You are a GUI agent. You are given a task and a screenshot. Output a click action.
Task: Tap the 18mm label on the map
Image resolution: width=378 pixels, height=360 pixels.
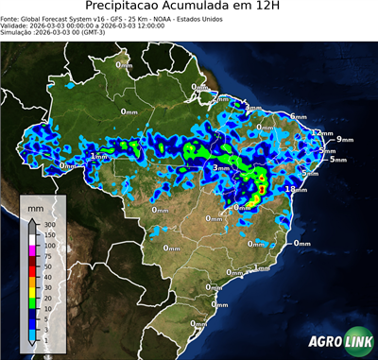297,189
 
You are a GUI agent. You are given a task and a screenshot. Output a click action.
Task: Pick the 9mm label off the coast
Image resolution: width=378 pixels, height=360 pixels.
344,140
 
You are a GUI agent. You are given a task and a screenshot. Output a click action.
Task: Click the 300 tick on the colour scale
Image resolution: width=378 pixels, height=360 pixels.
47,223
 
